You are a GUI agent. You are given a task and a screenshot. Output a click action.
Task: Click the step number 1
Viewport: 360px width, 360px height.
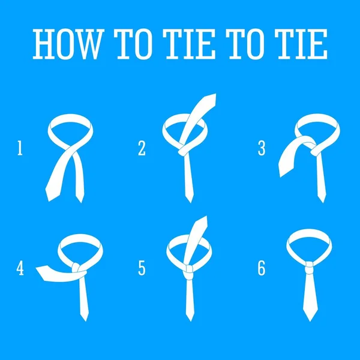click(x=20, y=148)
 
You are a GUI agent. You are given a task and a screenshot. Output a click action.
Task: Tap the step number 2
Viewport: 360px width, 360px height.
click(x=142, y=148)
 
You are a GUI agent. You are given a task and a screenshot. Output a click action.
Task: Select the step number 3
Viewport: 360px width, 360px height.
click(x=262, y=148)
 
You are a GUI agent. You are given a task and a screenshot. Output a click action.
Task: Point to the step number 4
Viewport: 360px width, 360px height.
click(x=20, y=268)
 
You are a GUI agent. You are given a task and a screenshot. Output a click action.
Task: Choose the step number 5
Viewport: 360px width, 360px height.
click(x=142, y=268)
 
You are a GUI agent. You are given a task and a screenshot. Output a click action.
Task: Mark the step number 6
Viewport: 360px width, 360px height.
click(x=262, y=268)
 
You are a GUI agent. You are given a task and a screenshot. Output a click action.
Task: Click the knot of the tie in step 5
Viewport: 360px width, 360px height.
click(x=188, y=271)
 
